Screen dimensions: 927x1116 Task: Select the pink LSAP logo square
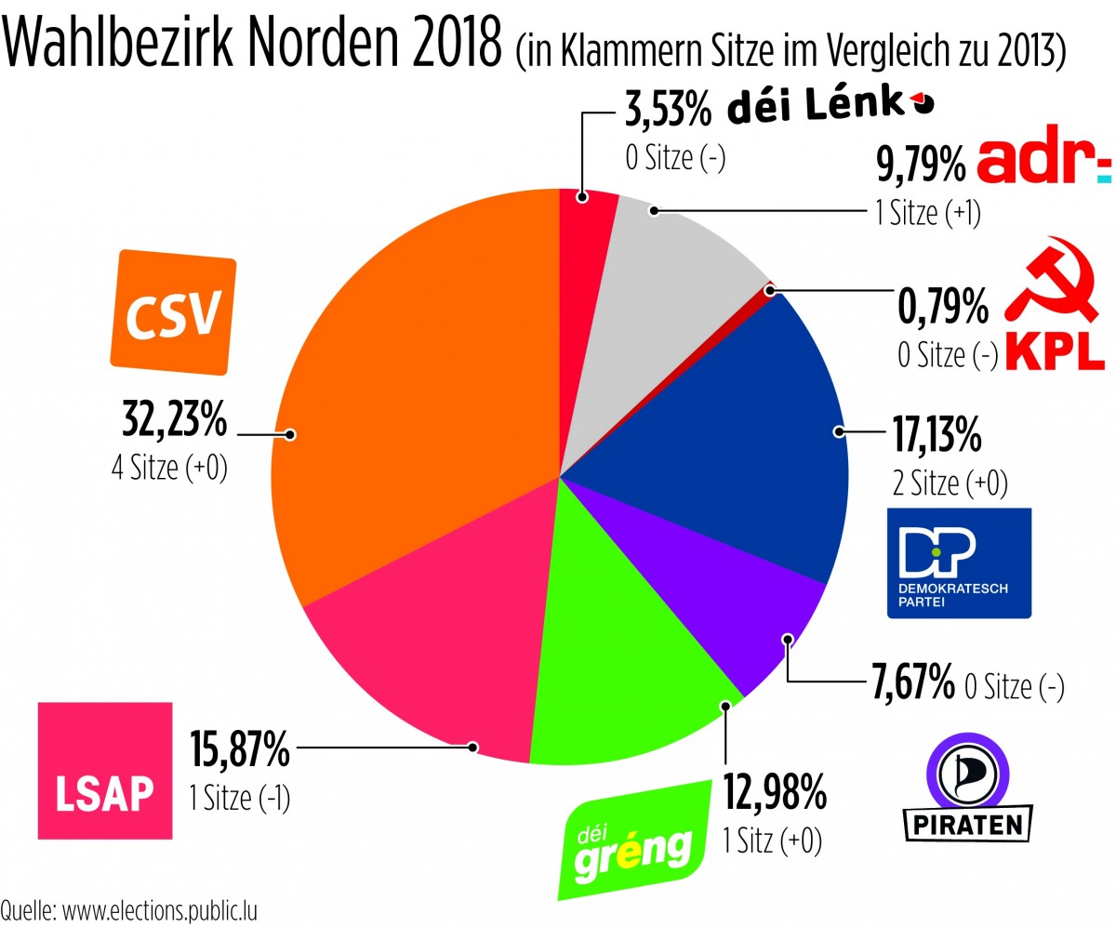104,770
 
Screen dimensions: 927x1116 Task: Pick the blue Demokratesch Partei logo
959,563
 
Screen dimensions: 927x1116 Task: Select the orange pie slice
409,391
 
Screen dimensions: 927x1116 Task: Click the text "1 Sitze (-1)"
240,798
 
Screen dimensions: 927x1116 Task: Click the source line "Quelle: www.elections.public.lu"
128,909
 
